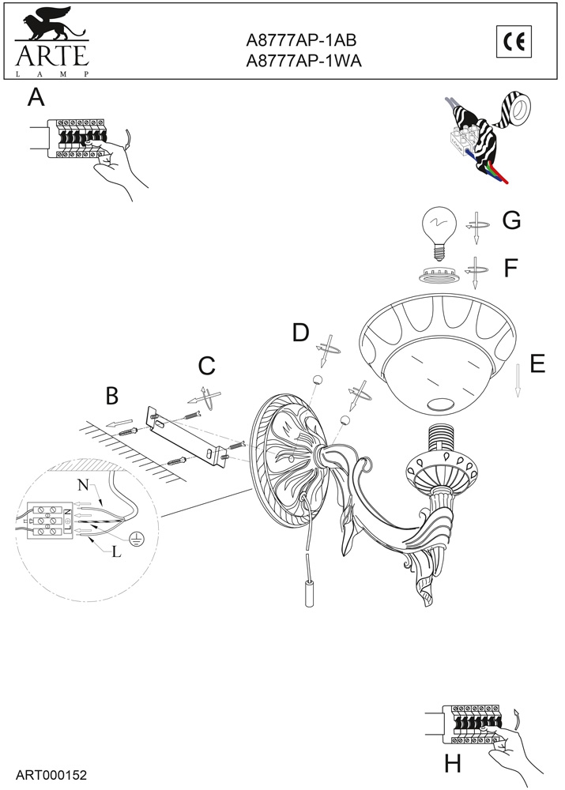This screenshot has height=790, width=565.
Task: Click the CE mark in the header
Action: pos(514,41)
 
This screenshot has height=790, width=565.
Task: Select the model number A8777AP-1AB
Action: pos(301,39)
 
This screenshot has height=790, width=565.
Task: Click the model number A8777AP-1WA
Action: pos(303,61)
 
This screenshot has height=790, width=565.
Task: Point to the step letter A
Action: pos(36,96)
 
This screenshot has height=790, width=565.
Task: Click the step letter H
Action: pos(453,764)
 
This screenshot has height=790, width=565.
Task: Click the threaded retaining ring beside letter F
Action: pos(439,276)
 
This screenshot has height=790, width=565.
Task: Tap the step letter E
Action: pos(538,363)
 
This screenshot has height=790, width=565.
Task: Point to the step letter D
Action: pos(301,333)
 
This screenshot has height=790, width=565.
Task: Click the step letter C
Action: pos(207,367)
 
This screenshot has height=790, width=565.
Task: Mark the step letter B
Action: pos(112,396)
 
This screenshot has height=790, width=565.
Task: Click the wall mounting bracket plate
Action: pos(186,436)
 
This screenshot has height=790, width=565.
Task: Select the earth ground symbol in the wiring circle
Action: pos(135,540)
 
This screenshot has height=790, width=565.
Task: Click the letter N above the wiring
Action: pos(83,486)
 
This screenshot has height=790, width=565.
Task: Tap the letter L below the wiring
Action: pos(116,552)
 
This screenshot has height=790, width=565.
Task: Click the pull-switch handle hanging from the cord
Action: pos(309,581)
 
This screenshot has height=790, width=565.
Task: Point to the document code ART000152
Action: pos(51,775)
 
